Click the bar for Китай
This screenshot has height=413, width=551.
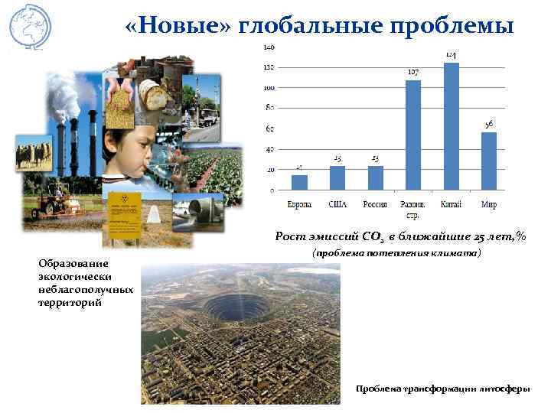(x=452, y=126)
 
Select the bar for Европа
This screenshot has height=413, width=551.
(x=299, y=182)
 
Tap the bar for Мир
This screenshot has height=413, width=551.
(x=489, y=161)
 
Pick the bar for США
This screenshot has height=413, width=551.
(x=337, y=178)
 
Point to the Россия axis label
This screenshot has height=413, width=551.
(x=375, y=204)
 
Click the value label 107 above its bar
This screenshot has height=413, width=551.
(x=413, y=72)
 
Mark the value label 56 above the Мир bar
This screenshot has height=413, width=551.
(x=489, y=123)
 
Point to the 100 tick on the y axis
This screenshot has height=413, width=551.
(x=269, y=88)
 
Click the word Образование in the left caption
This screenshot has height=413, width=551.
(x=70, y=263)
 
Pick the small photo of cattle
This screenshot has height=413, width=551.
(x=34, y=152)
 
